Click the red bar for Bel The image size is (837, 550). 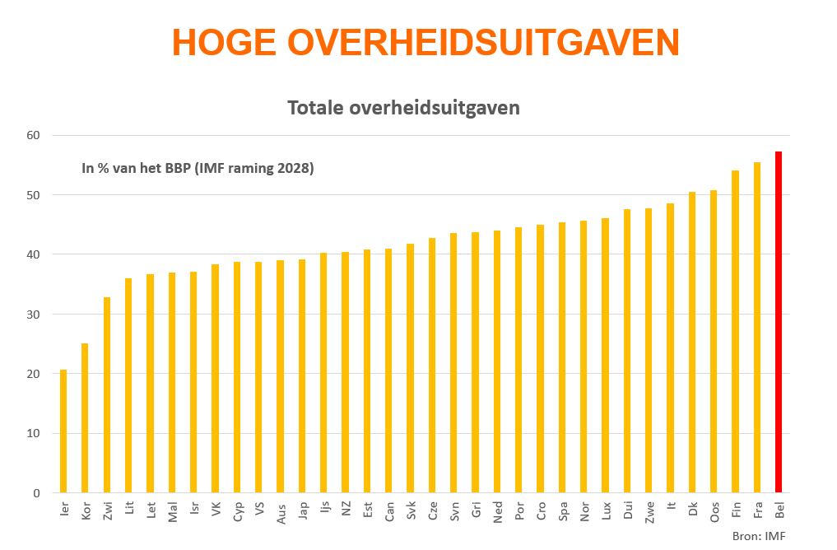(x=778, y=322)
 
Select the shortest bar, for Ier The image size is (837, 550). (x=63, y=431)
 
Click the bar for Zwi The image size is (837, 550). (x=107, y=395)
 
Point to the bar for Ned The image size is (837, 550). (x=497, y=361)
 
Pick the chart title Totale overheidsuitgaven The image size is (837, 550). (x=403, y=108)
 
